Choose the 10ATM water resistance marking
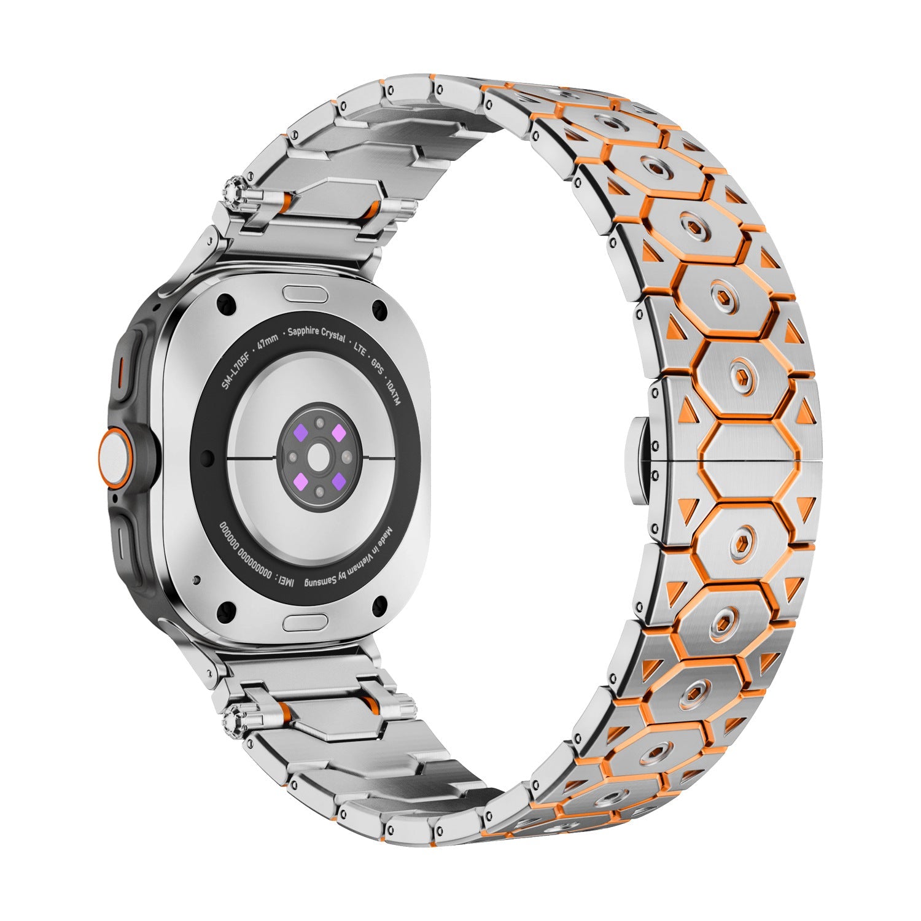point(391,387)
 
